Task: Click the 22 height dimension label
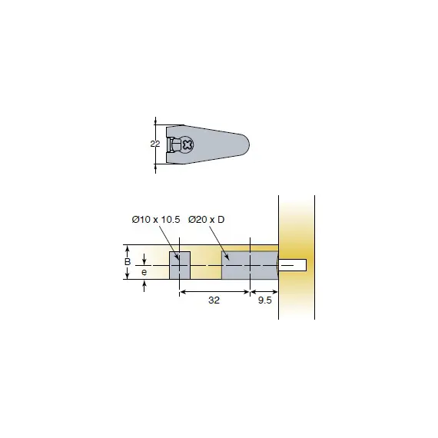click(x=155, y=144)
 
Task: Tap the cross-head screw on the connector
click(x=187, y=144)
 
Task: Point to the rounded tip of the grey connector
click(x=247, y=144)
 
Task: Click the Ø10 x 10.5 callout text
click(x=156, y=220)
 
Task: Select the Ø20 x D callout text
click(x=206, y=220)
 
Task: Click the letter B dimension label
click(x=128, y=262)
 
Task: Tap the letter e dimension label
click(x=144, y=272)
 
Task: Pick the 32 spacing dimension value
click(x=214, y=300)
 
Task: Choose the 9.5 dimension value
click(x=264, y=300)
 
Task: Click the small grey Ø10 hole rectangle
click(x=180, y=265)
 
